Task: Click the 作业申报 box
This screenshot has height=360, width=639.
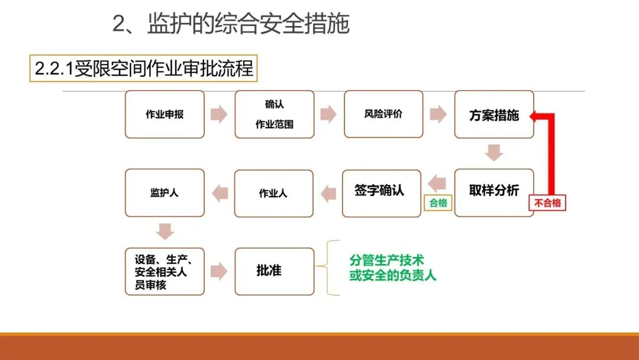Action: (x=164, y=114)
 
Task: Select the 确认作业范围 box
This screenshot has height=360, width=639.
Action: (x=275, y=114)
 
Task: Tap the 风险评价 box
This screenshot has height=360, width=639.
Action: (x=383, y=114)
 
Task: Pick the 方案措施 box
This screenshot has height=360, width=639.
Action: (x=494, y=114)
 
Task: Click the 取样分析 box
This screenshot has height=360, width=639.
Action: (x=494, y=192)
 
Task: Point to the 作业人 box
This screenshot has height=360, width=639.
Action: (x=274, y=193)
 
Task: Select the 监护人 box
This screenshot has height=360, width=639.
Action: (x=164, y=192)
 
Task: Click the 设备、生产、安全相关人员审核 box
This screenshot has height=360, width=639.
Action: (x=164, y=271)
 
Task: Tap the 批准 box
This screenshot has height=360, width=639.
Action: (x=274, y=271)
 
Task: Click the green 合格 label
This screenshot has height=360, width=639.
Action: (x=438, y=203)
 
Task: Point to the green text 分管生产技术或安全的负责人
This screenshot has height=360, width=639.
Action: (x=392, y=268)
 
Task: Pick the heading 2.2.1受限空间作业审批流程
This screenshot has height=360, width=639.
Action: (x=144, y=69)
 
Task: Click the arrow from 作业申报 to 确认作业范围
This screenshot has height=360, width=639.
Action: (x=219, y=114)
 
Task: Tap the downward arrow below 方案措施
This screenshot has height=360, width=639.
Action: (x=494, y=153)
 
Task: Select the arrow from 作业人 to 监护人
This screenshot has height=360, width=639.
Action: (x=220, y=193)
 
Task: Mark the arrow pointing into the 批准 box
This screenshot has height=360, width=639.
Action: (x=219, y=271)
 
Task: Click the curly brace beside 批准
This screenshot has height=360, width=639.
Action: (x=334, y=268)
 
